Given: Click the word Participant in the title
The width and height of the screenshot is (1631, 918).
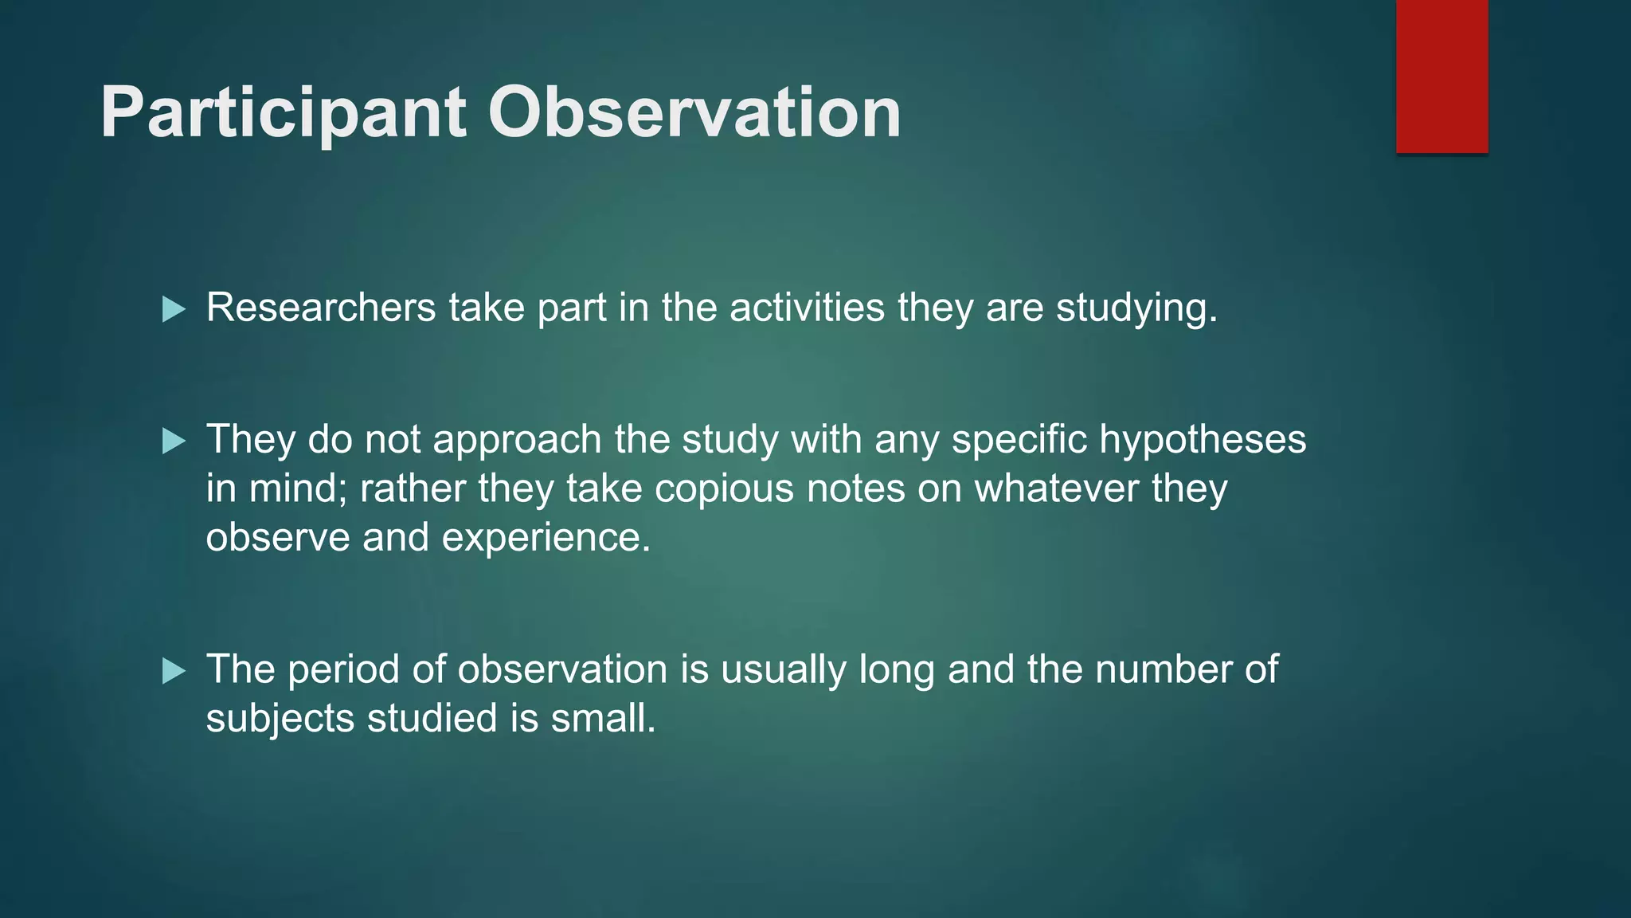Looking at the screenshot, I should tap(283, 113).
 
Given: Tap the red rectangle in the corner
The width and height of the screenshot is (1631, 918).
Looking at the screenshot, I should tap(1441, 76).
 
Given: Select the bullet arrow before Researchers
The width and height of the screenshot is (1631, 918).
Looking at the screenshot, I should tap(174, 309).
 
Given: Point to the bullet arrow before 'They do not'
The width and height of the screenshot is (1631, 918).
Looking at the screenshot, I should tap(174, 441).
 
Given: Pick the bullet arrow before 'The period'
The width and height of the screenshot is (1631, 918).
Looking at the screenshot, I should tap(174, 671).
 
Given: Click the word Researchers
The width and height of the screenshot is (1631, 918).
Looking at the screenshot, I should tap(321, 308).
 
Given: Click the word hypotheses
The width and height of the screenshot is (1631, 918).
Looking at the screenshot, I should tap(1203, 441).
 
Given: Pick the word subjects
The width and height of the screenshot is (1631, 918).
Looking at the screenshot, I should tap(280, 720).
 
